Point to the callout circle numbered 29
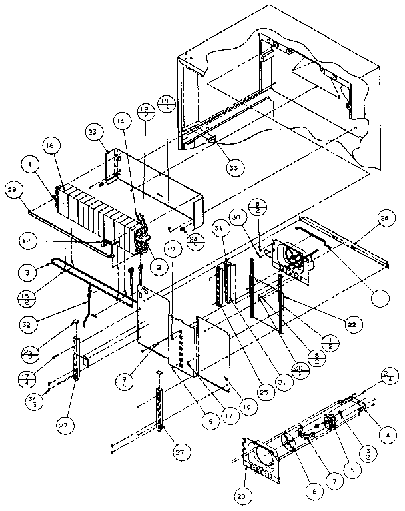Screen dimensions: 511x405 coord(11,190)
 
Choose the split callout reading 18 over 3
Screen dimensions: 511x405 coord(165,104)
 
